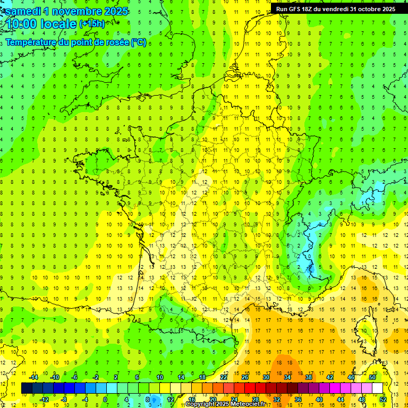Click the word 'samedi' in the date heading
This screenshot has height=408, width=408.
tap(23, 11)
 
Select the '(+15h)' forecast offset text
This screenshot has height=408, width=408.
tap(92, 24)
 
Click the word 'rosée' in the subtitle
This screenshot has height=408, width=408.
tap(115, 42)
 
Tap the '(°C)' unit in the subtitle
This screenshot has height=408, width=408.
tap(138, 42)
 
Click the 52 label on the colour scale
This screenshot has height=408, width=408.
tap(382, 399)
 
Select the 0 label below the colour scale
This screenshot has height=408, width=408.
tap(105, 399)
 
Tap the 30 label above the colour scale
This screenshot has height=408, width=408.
tap(266, 377)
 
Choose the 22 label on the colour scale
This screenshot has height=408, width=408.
tap(224, 377)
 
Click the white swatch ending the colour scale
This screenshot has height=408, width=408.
tap(377, 388)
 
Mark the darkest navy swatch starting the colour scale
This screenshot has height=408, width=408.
tap(27, 388)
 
